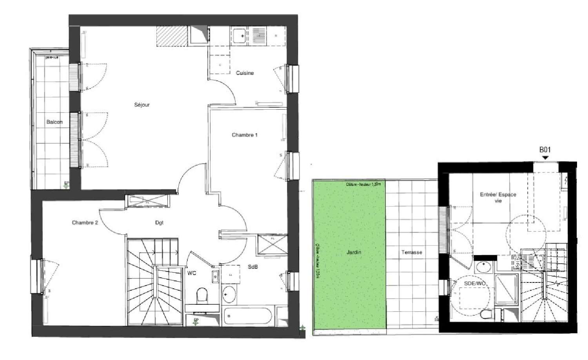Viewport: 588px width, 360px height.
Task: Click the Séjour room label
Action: (x=142, y=105)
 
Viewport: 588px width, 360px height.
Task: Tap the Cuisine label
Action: (x=245, y=73)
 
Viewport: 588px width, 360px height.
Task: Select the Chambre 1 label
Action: (x=244, y=135)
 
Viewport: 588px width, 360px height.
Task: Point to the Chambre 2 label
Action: (x=85, y=223)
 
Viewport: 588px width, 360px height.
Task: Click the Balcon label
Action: (x=54, y=122)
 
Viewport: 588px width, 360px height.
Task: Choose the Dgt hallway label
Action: (x=159, y=223)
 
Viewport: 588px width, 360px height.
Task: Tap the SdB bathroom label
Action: (x=252, y=267)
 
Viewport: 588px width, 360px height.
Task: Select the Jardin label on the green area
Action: (x=354, y=252)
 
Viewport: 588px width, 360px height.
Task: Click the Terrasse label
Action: (x=412, y=252)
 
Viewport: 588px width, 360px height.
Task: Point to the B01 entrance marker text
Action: (x=545, y=149)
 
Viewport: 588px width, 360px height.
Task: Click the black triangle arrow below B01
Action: (x=545, y=157)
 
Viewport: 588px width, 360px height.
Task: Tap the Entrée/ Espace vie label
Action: (x=498, y=197)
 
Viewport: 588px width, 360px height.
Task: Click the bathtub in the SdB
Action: (x=247, y=316)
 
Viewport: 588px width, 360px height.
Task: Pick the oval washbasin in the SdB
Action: (x=229, y=294)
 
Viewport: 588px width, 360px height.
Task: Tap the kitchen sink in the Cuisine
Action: (x=239, y=36)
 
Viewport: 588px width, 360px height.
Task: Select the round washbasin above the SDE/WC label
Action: (x=483, y=268)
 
